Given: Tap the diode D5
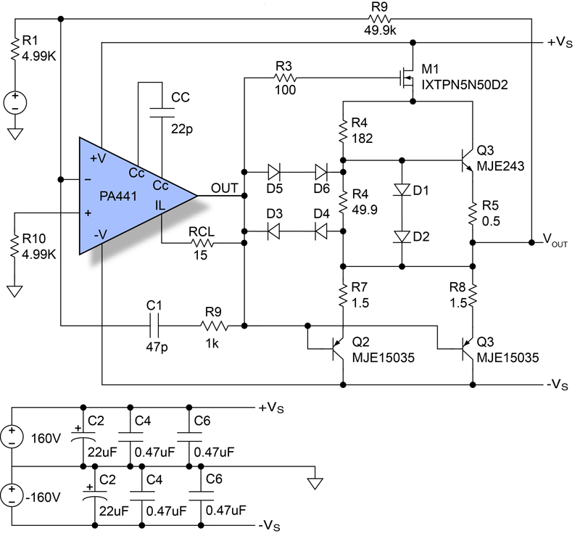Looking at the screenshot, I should point(273,172).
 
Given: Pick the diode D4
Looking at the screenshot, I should point(319,231).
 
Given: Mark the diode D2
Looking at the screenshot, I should point(401,236).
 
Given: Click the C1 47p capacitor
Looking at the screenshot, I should point(152,326).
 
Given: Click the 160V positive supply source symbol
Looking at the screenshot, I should point(12,436).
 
